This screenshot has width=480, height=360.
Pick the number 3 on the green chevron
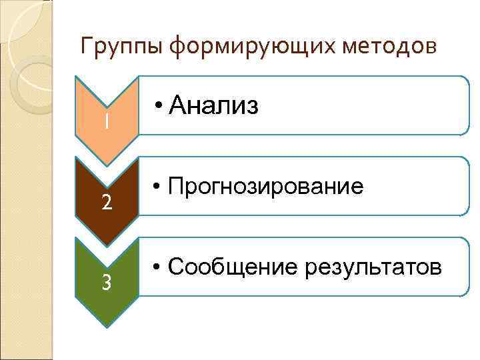[107, 283]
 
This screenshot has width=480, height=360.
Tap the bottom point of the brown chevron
[107, 246]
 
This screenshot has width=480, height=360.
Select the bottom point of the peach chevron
[107, 165]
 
